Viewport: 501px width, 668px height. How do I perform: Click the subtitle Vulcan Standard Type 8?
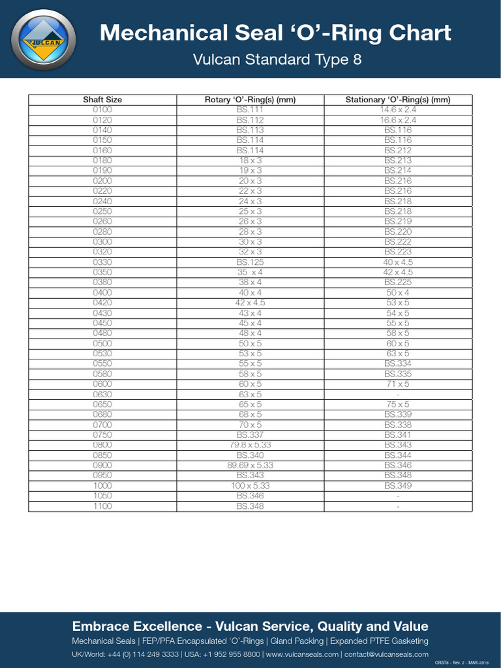(x=277, y=60)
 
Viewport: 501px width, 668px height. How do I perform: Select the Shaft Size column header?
(x=102, y=100)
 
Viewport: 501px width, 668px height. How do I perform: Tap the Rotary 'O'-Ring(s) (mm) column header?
(x=250, y=100)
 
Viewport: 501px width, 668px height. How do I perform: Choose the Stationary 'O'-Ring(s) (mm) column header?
(x=397, y=100)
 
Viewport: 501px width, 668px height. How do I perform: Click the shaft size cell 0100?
(x=102, y=110)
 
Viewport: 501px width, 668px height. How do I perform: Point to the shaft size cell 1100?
(x=102, y=506)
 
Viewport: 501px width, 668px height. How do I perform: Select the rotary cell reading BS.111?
(x=250, y=110)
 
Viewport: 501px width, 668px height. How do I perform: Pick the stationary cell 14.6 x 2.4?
(x=397, y=110)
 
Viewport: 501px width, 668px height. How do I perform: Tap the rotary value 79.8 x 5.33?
(x=250, y=445)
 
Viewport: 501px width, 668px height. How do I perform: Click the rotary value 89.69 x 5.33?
(x=250, y=465)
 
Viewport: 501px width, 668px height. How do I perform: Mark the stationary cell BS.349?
(x=397, y=486)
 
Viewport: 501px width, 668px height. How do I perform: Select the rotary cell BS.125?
(x=250, y=262)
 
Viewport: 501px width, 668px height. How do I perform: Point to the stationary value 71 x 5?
(x=397, y=384)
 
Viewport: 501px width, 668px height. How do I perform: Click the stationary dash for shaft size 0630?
(x=397, y=395)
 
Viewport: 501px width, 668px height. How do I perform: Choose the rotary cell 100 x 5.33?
(x=250, y=486)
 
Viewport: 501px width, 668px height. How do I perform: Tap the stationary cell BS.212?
(x=397, y=150)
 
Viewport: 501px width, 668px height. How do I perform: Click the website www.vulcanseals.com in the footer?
(x=302, y=654)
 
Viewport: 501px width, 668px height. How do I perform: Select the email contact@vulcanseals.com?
(x=386, y=654)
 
